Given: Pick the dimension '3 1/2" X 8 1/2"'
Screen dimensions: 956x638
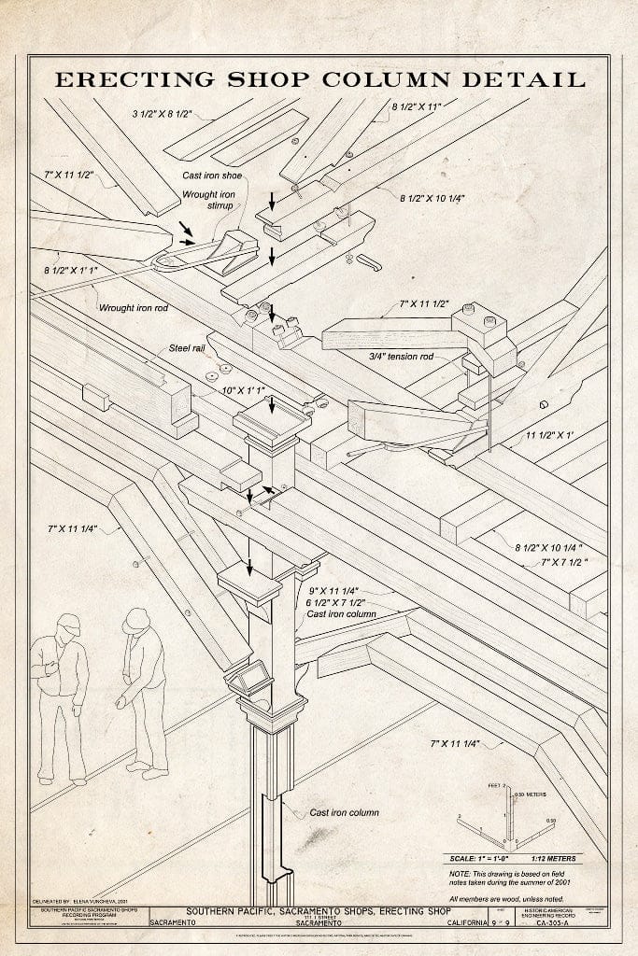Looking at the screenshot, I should pyautogui.click(x=162, y=115).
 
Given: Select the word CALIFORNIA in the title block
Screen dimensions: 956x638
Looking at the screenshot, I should pyautogui.click(x=465, y=923).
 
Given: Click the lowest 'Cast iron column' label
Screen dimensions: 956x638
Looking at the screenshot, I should pyautogui.click(x=344, y=812).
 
